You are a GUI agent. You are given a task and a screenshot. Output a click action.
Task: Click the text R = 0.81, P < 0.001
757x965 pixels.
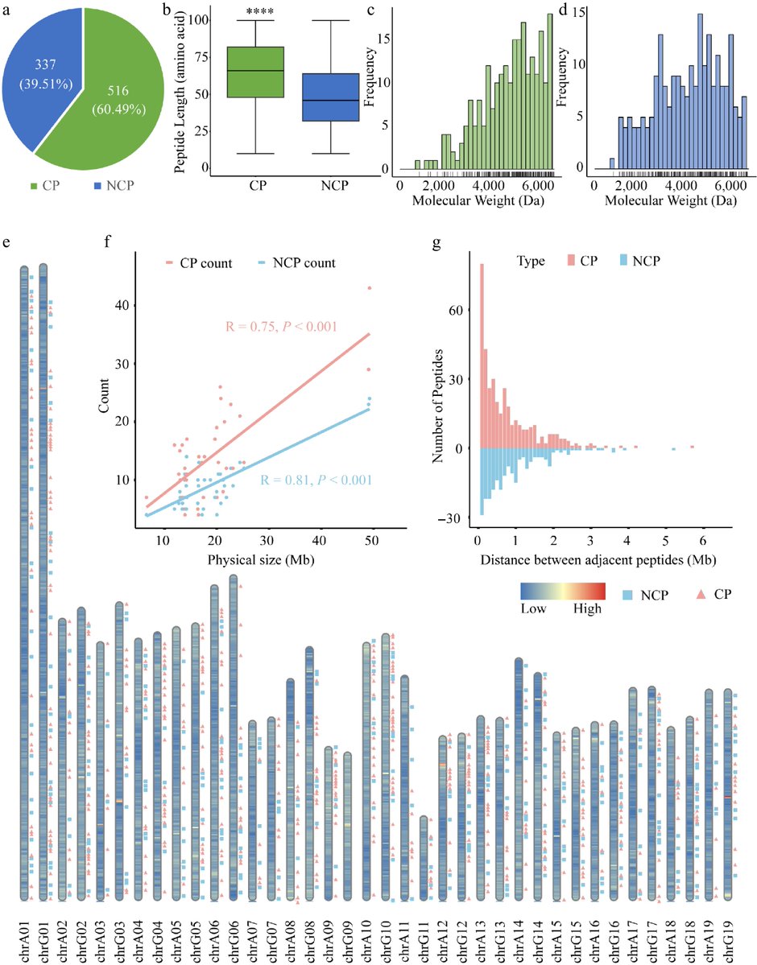point(315,481)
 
